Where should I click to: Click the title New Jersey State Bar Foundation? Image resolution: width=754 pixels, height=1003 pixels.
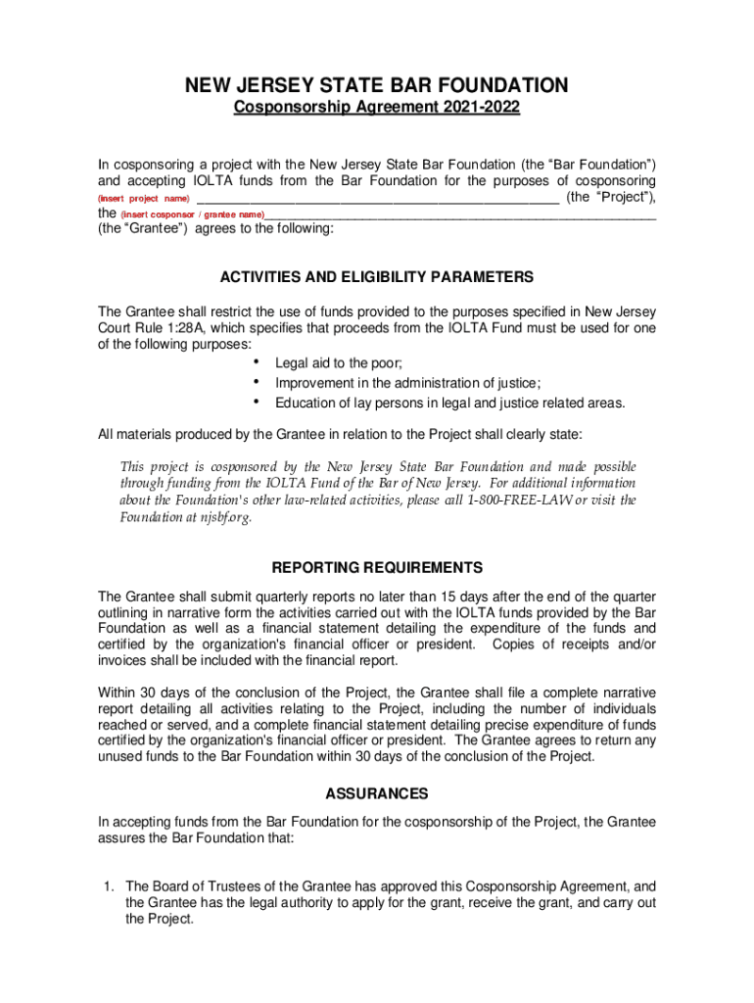tap(377, 86)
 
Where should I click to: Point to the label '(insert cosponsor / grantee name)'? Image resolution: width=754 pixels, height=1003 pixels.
tap(192, 214)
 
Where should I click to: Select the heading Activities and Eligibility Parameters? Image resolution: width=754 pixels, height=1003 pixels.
tap(377, 277)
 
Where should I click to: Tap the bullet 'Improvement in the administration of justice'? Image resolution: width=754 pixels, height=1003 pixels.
tap(408, 383)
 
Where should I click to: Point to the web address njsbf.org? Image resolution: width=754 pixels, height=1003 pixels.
tap(224, 517)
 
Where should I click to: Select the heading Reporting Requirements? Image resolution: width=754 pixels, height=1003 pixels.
tap(377, 568)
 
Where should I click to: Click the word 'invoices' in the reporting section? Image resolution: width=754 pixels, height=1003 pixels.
tap(124, 660)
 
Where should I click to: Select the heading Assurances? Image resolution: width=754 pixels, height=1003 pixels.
tap(377, 793)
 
